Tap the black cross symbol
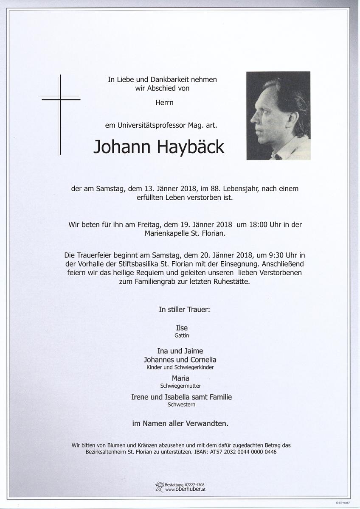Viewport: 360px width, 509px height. point(60,115)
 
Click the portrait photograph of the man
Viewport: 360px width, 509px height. point(278,116)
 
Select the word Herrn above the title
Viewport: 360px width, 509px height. point(164,102)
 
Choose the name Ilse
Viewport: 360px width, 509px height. point(182,327)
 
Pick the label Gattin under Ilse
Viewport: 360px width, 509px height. point(182,335)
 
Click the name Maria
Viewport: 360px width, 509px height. point(180,378)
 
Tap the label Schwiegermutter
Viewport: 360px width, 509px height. point(180,386)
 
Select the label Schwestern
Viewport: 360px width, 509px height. point(181,405)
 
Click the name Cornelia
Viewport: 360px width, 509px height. point(202,360)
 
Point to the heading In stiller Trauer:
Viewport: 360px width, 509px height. point(184,310)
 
